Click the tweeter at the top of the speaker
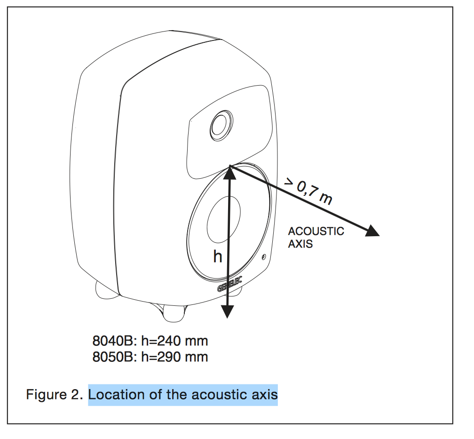pyautogui.click(x=220, y=125)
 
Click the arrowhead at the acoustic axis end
pyautogui.click(x=372, y=231)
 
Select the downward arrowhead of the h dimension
pyautogui.click(x=228, y=311)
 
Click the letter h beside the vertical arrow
pyautogui.click(x=217, y=257)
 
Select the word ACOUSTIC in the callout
pyautogui.click(x=316, y=231)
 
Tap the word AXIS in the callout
pyautogui.click(x=300, y=244)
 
